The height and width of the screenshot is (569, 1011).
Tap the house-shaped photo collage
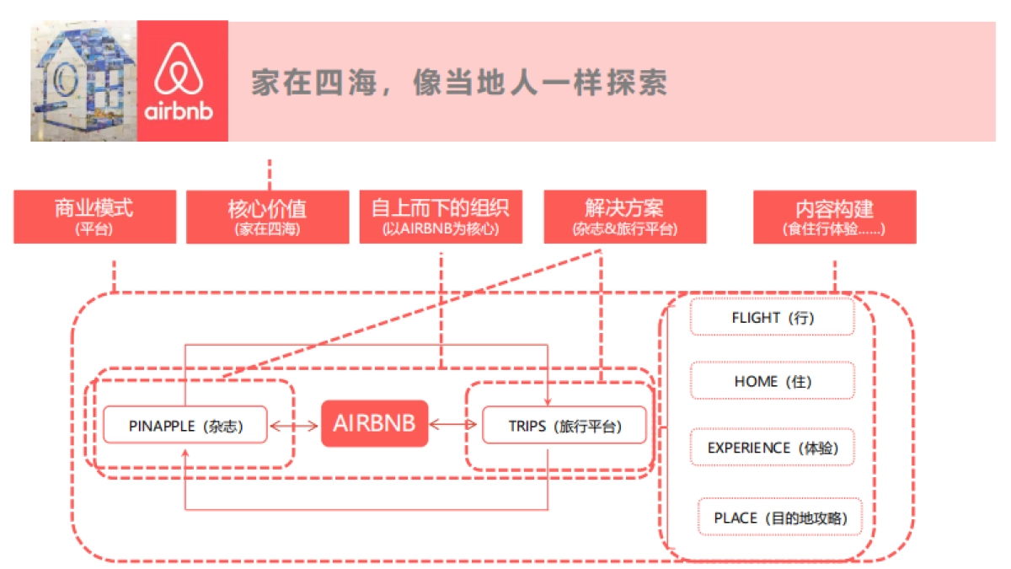click(83, 81)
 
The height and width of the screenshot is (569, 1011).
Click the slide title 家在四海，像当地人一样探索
click(459, 82)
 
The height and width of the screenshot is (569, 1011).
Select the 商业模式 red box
click(94, 217)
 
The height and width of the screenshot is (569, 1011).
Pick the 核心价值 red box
click(267, 217)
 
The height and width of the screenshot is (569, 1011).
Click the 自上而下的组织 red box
click(441, 217)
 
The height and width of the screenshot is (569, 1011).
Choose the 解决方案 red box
click(624, 217)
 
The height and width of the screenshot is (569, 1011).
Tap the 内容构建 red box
click(834, 217)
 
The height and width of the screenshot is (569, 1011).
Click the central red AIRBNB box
click(374, 423)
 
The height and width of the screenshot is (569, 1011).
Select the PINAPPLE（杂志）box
click(185, 426)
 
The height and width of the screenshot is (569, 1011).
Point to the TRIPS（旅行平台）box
click(564, 426)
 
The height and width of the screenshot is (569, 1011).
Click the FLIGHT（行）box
click(773, 317)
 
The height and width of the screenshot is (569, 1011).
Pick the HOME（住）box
click(773, 381)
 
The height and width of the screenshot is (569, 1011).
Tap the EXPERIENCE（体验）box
click(773, 448)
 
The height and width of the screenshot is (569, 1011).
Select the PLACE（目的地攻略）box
click(780, 518)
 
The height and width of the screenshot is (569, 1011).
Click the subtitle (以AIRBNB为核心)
click(441, 229)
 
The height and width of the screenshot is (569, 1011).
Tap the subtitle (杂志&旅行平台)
click(624, 229)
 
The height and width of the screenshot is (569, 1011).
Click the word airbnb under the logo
click(182, 110)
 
